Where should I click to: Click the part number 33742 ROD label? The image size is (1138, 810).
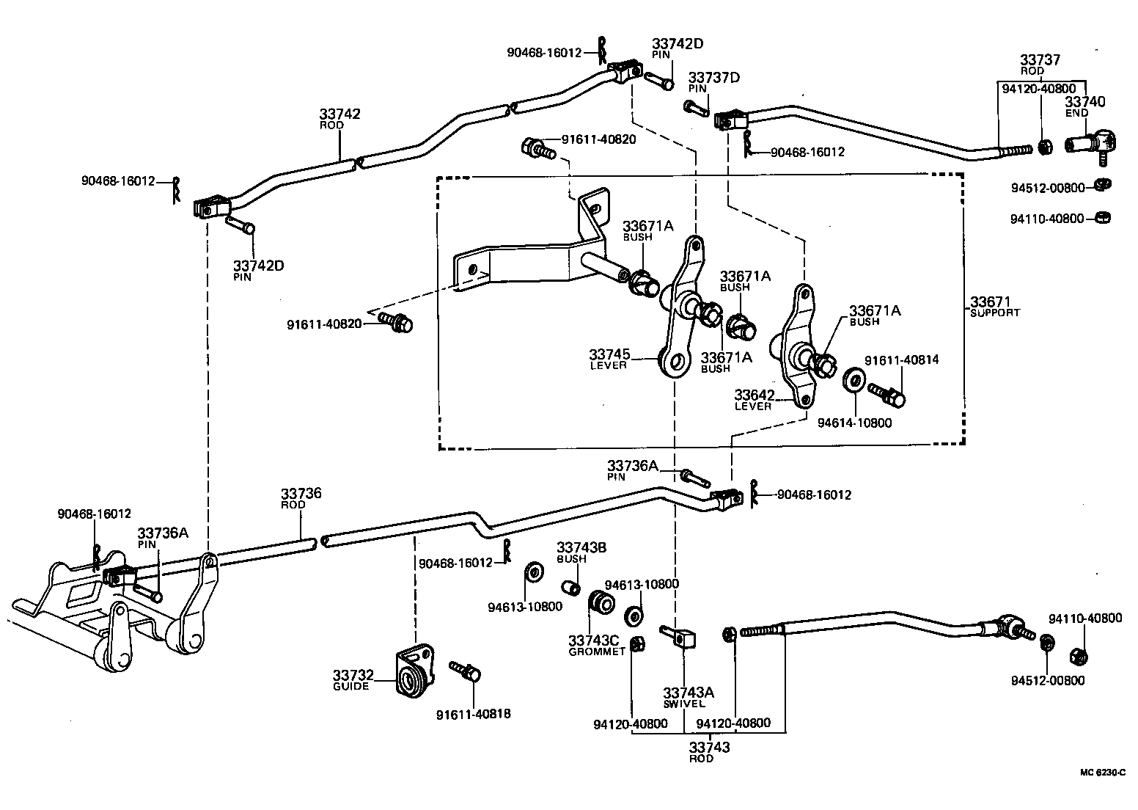339,118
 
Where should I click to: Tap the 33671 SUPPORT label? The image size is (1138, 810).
994,306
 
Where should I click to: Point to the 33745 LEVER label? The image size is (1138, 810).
609,360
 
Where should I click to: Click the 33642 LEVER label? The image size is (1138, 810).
754,400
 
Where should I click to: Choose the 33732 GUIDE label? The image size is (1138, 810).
353,680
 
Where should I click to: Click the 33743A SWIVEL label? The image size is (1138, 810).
689,698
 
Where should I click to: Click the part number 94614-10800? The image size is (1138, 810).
855,423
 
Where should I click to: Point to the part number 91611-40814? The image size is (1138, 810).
900,360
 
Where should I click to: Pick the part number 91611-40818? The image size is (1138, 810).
473,714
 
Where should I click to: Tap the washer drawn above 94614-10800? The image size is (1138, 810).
853,381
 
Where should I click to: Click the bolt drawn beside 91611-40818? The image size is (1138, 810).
464,669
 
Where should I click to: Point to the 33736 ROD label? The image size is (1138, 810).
301,498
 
